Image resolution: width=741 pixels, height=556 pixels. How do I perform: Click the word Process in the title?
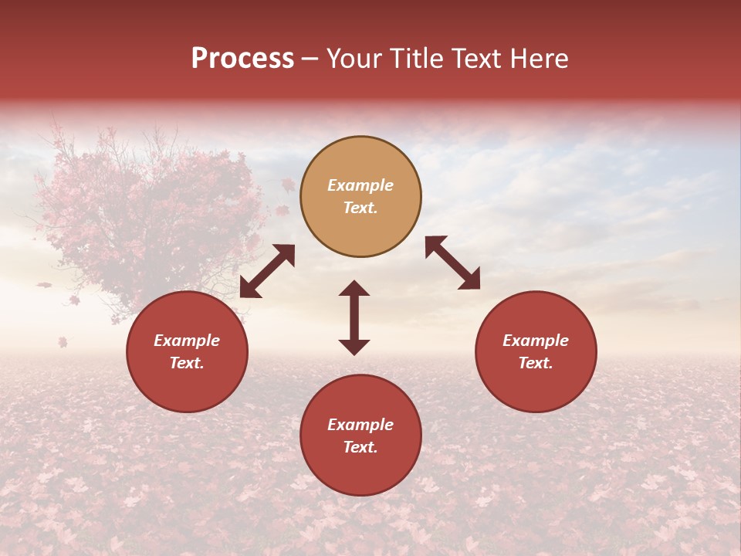(x=242, y=59)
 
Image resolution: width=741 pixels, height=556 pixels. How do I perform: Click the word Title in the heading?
(x=414, y=59)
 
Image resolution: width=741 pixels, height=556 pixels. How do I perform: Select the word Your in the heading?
(x=354, y=59)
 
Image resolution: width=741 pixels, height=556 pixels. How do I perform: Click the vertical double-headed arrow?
(x=354, y=317)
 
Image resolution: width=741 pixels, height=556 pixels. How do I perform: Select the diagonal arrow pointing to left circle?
(x=267, y=271)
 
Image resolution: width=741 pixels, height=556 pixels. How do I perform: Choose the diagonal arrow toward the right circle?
(x=453, y=263)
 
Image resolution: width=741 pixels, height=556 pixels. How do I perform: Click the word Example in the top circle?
(x=360, y=185)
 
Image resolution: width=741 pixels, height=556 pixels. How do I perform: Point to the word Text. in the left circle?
(x=187, y=363)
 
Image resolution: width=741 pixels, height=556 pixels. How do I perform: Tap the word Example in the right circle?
(x=536, y=341)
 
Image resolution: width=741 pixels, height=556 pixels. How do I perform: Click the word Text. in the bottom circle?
(x=360, y=447)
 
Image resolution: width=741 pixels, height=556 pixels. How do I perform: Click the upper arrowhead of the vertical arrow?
(x=354, y=289)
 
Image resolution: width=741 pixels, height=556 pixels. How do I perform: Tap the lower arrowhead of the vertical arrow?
(x=354, y=347)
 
